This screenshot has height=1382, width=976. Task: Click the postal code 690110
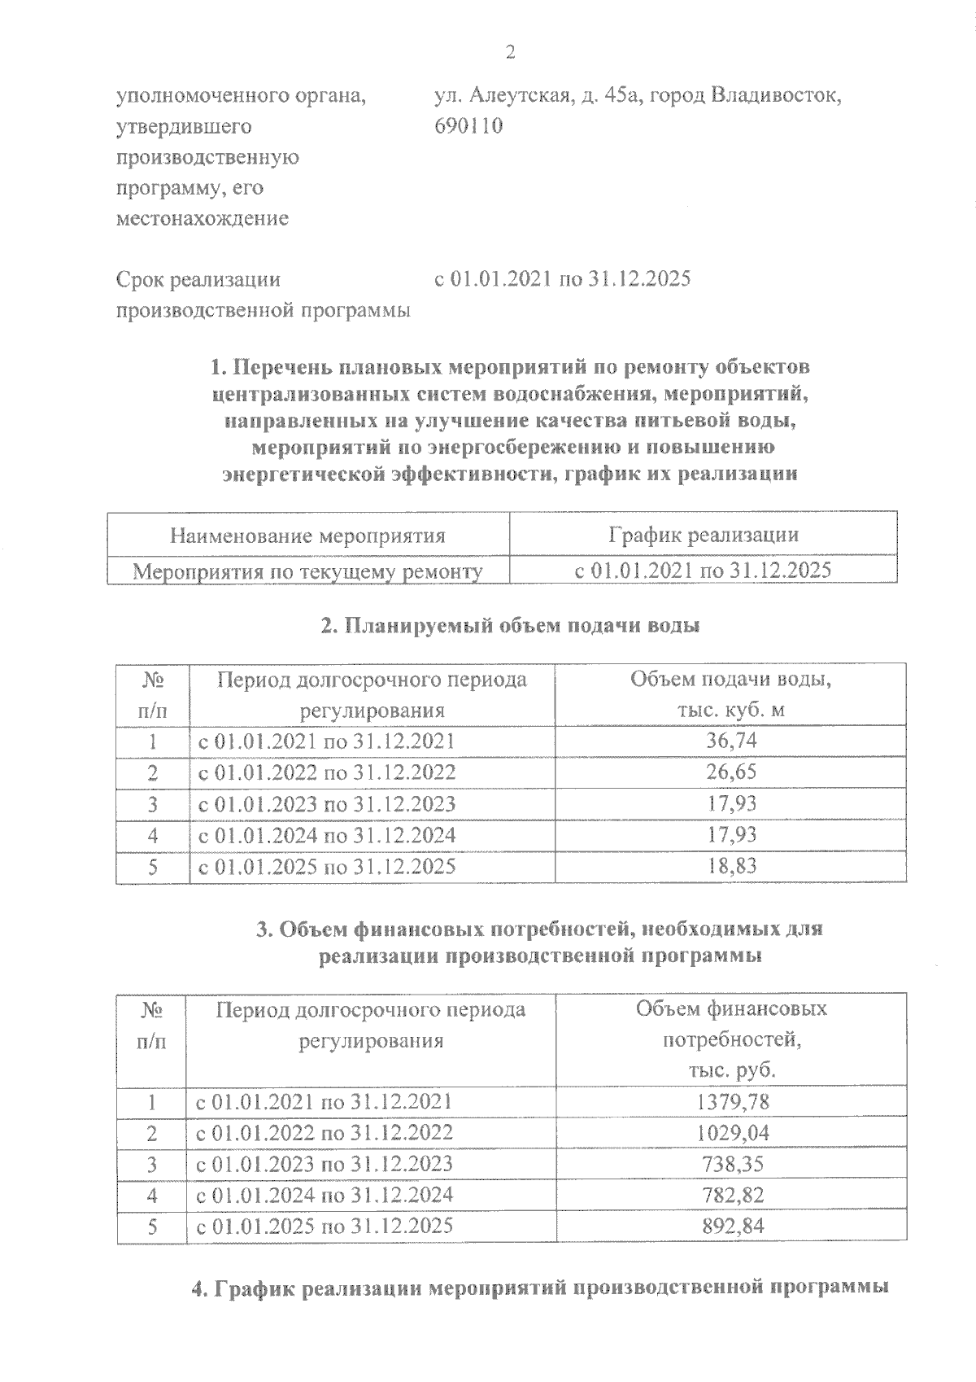469,126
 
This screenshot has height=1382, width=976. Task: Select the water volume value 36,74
731,741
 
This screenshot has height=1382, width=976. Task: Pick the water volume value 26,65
731,772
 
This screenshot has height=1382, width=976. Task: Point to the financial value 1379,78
733,1102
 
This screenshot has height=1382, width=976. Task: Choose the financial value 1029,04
733,1133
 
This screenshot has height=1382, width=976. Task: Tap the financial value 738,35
733,1164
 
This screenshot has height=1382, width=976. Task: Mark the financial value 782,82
733,1195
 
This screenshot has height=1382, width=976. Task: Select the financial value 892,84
733,1226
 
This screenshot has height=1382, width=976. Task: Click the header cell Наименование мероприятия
307,536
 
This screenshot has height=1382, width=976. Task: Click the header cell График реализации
703,535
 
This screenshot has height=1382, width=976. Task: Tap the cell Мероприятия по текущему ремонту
307,571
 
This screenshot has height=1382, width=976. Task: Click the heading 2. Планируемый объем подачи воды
510,626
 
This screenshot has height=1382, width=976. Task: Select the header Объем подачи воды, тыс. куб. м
730,694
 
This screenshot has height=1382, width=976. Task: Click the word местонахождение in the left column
203,219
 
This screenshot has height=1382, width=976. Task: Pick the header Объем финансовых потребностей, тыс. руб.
731,1039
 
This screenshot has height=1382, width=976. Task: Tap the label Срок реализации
198,280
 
